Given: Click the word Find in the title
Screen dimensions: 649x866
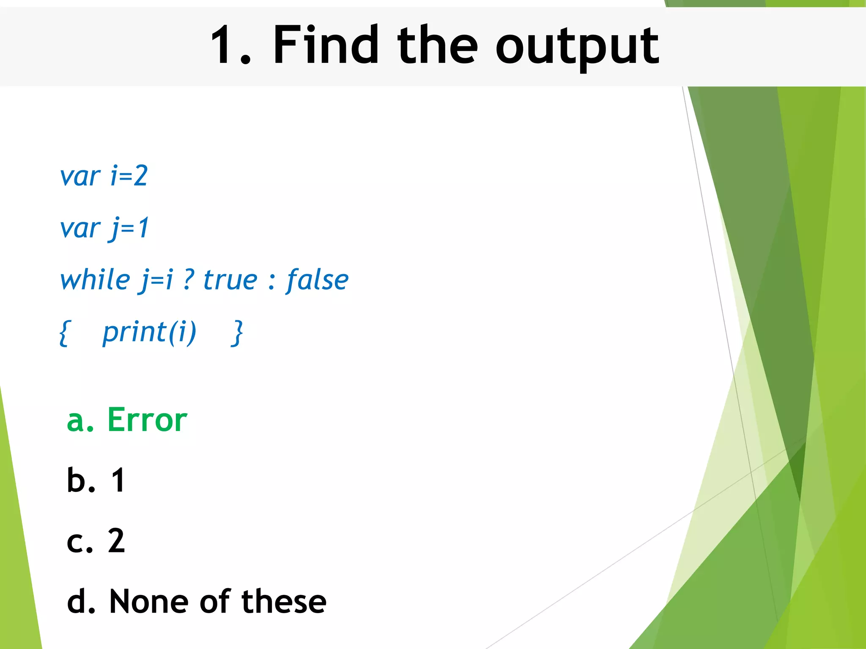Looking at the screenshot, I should pos(326,45).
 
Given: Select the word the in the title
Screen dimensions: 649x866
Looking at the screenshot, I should pos(437,45).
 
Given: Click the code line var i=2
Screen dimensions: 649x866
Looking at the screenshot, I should pos(104,176).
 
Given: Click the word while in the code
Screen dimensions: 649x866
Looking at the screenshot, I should pos(95,280).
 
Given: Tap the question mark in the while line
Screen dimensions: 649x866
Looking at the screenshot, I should pos(189,280).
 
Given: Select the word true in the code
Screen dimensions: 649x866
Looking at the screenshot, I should pos(230,280).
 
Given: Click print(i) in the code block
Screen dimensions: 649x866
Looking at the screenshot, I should pos(149,332).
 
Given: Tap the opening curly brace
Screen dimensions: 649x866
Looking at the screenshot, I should pos(64,333).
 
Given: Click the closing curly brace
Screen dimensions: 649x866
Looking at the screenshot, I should pos(238,333).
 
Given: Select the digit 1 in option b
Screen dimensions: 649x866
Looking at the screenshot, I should pos(118,480).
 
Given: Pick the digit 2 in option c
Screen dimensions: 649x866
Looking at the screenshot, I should pos(116,540).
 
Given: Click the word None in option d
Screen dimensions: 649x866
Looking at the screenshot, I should pos(148,601).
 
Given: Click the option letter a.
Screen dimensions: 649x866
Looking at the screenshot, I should pos(76,422).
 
